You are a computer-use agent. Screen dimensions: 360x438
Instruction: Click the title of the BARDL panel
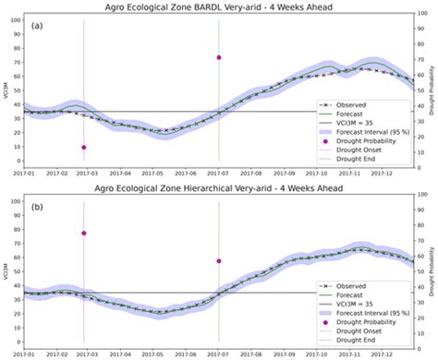coord(219,7)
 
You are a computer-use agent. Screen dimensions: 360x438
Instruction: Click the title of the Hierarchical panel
coord(219,186)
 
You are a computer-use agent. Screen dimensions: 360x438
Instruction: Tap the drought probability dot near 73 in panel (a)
coord(219,57)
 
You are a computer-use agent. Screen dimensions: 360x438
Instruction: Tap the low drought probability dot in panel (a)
coord(84,147)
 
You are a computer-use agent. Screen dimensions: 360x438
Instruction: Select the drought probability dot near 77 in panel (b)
coord(84,233)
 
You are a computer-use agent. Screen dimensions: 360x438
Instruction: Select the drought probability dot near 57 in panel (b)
coord(219,261)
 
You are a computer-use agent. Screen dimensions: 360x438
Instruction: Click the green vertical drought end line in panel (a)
coord(219,102)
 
